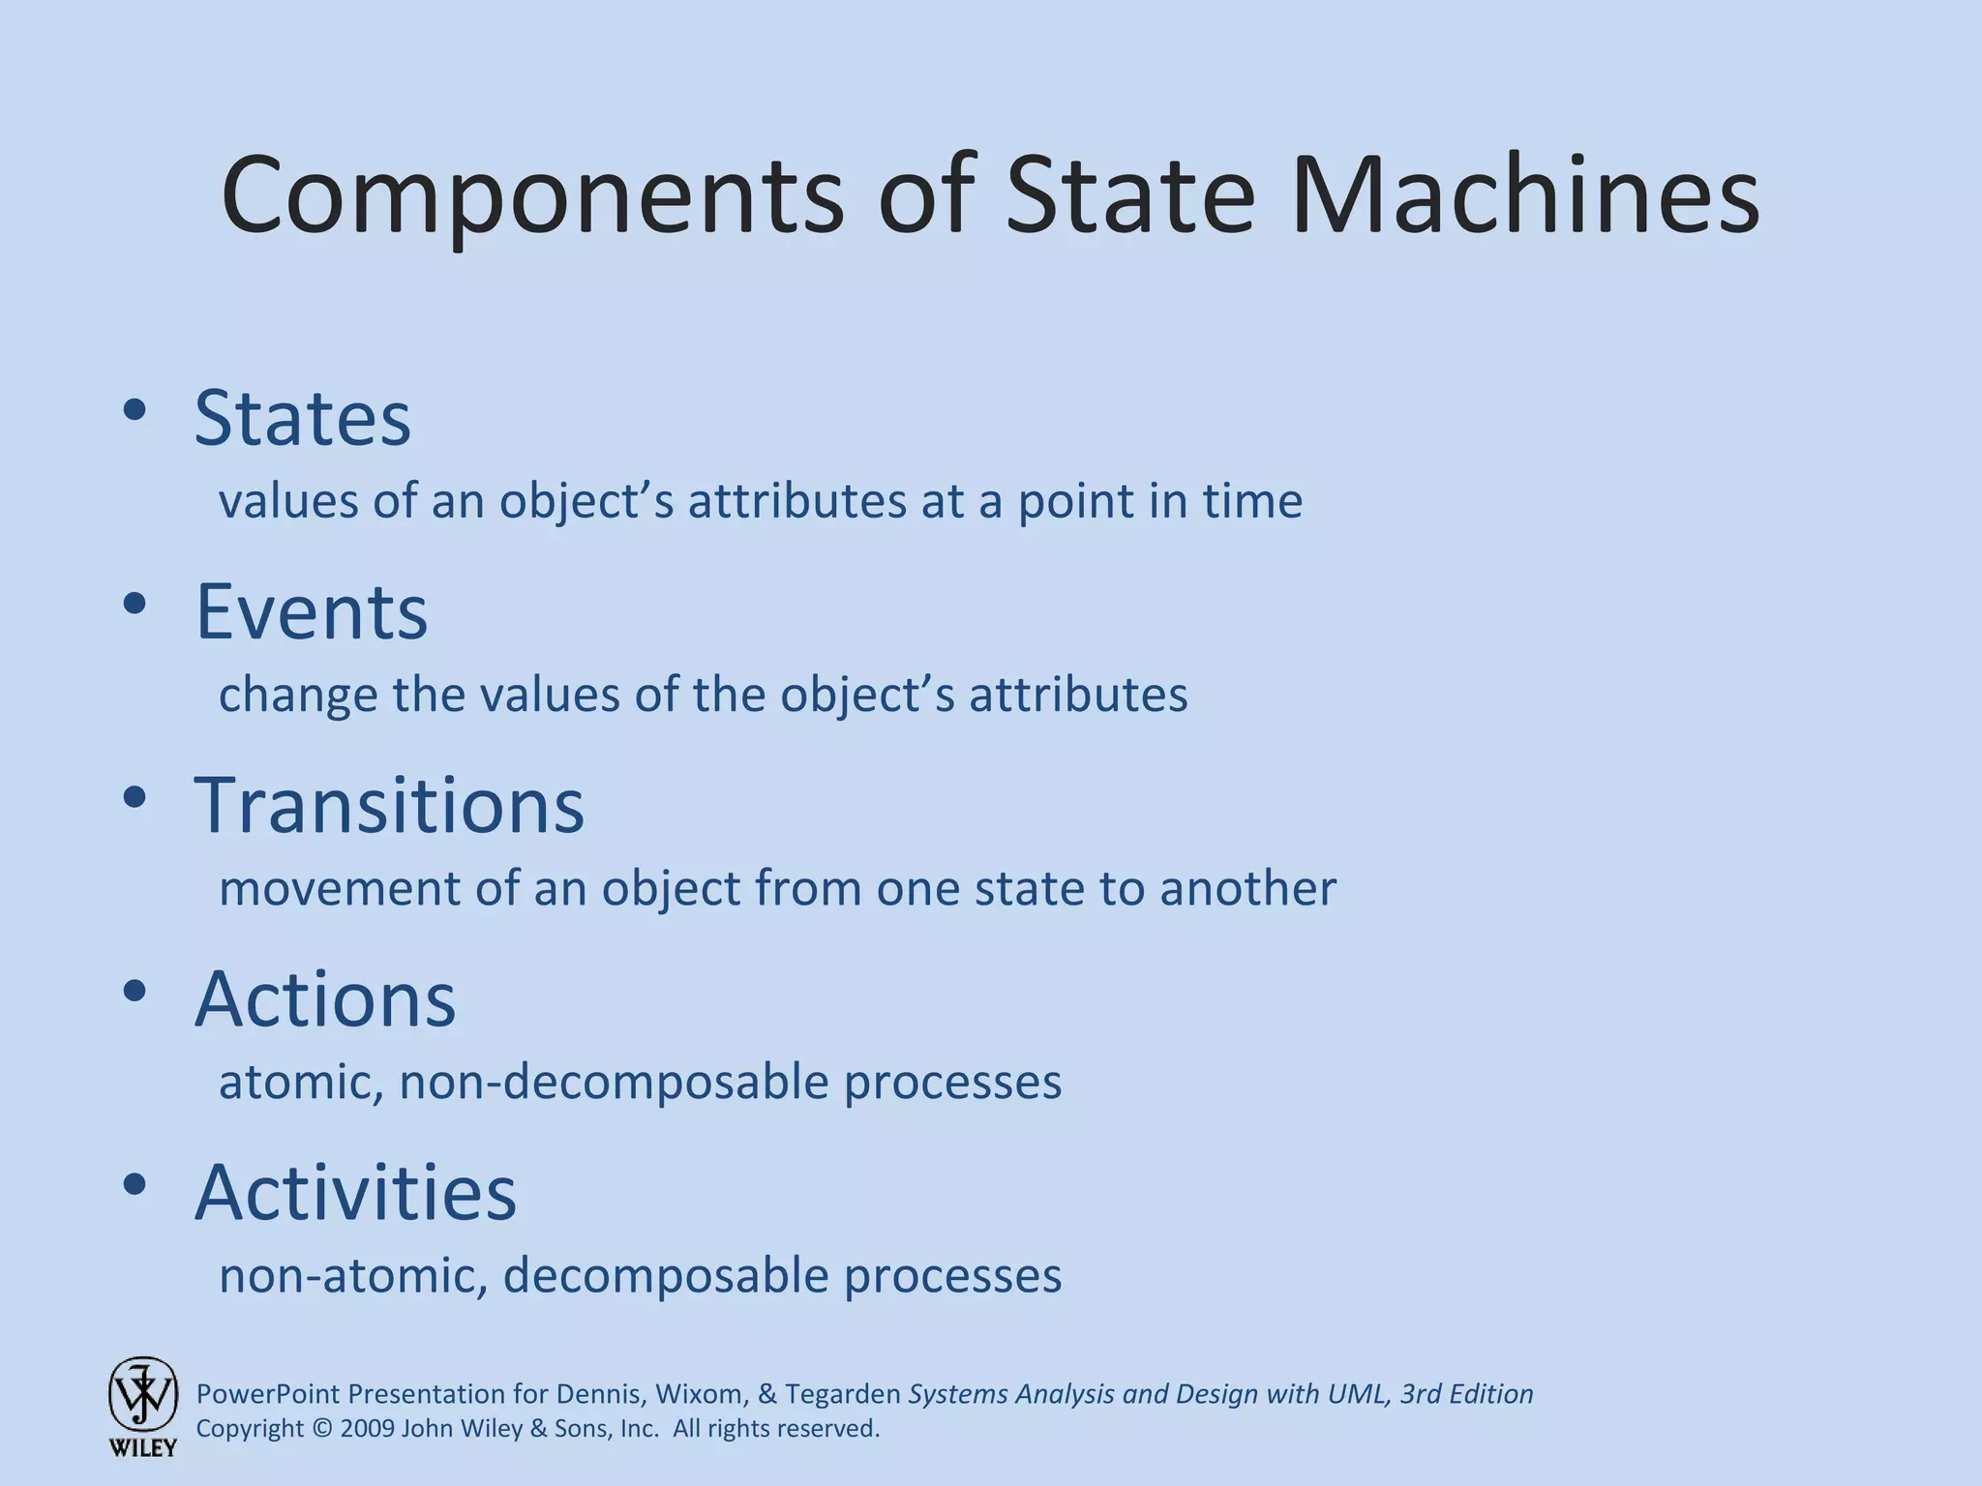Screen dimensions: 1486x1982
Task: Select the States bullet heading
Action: coord(303,418)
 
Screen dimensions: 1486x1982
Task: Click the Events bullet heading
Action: coord(311,611)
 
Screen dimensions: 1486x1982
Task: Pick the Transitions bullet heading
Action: coord(390,805)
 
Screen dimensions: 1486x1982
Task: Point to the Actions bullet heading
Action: coord(325,998)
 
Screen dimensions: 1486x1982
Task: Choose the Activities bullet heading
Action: coord(356,1192)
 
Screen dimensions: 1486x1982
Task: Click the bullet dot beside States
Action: coord(135,410)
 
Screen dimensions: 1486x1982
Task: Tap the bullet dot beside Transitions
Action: coord(135,797)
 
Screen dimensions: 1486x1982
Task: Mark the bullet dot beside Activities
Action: coord(135,1184)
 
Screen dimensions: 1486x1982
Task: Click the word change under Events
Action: coord(297,695)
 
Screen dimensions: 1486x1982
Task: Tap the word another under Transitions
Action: coord(1247,888)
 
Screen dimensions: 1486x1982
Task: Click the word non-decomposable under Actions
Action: coord(614,1082)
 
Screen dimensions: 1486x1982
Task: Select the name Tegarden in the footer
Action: coord(842,1394)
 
